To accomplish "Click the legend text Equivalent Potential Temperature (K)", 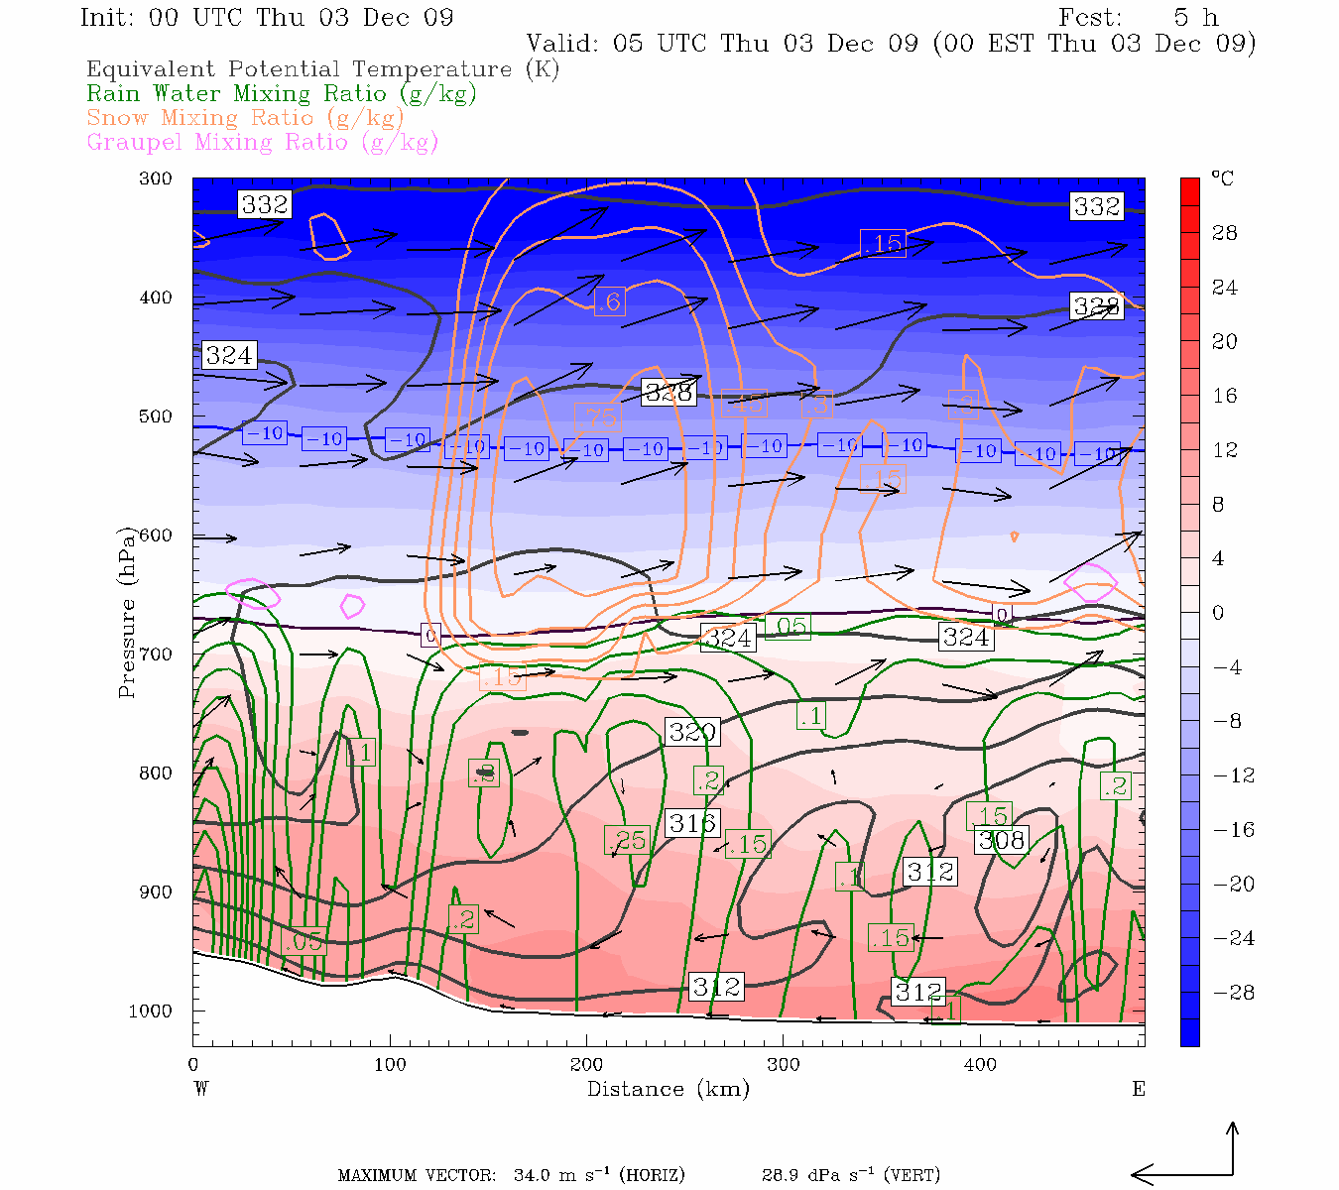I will tap(322, 69).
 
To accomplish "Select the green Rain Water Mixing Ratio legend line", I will tap(282, 94).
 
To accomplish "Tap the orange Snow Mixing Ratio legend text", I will tap(245, 118).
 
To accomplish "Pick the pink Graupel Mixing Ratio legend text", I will tap(262, 142).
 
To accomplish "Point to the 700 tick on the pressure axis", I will tap(155, 654).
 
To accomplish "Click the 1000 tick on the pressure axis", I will tap(150, 1011).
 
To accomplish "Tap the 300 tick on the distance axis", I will tap(783, 1065).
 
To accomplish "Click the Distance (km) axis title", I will tap(668, 1089).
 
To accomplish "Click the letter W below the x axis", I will tap(200, 1089).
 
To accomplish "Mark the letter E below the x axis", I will tap(1139, 1089).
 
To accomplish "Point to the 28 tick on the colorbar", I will tap(1225, 233).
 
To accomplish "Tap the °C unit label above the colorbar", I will tap(1222, 178).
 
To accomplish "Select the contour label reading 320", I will tap(692, 733).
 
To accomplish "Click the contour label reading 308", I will tap(1001, 841).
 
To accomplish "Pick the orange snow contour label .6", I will tap(610, 301).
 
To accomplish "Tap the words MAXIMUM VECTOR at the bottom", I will tap(417, 1176).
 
